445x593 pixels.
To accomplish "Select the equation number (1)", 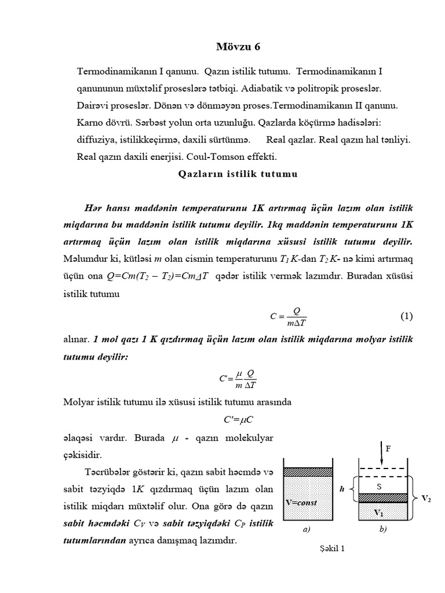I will coord(406,316).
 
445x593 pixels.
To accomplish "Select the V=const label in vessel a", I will coord(301,502).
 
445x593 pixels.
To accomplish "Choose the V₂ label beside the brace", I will coord(426,498).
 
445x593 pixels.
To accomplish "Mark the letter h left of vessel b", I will coord(342,489).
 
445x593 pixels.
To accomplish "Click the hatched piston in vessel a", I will coord(308,472).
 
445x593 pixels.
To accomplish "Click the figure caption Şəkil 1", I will coord(332,550).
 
